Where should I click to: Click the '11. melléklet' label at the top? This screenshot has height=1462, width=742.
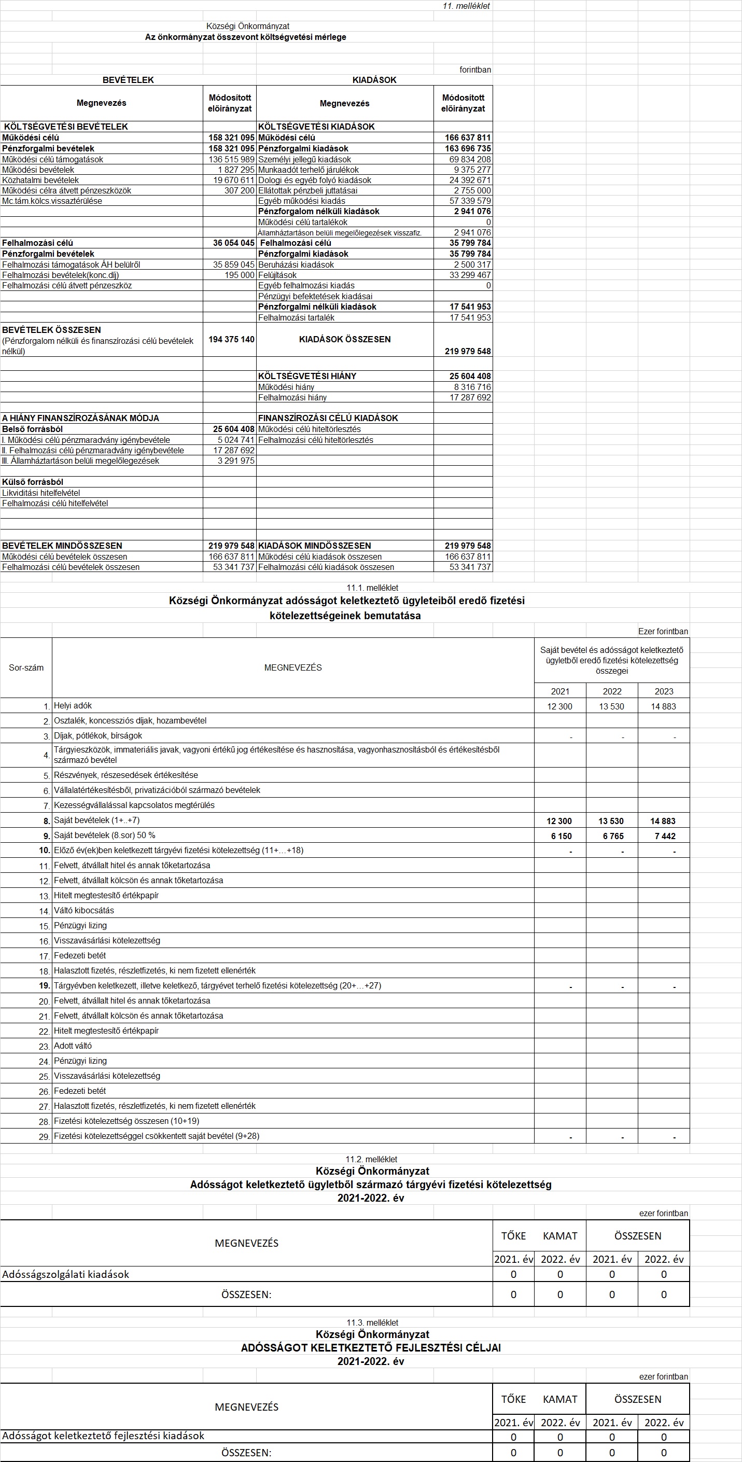coord(466,6)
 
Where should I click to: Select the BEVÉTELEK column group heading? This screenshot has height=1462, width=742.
coord(128,80)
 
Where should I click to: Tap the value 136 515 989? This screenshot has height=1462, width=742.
coord(231,160)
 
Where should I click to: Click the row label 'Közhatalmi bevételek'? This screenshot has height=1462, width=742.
coord(40,180)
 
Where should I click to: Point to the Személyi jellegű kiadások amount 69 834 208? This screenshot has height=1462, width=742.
coord(470,160)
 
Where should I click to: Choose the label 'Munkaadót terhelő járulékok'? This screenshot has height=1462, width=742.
coord(308,170)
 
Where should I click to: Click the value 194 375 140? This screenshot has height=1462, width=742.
coord(231,339)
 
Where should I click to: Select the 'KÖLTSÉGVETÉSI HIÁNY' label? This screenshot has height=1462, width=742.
coord(307,377)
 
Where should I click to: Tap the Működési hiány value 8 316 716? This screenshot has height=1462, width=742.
coord(472,387)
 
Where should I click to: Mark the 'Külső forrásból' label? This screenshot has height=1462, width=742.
coord(32,482)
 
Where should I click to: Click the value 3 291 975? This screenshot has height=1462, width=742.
coord(236,461)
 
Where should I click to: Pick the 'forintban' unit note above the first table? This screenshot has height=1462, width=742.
coord(475,70)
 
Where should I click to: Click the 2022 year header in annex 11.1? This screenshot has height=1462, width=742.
coord(611,691)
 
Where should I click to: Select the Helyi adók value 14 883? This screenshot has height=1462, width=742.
coord(663,706)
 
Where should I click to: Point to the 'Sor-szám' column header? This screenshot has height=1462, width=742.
coord(26,667)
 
